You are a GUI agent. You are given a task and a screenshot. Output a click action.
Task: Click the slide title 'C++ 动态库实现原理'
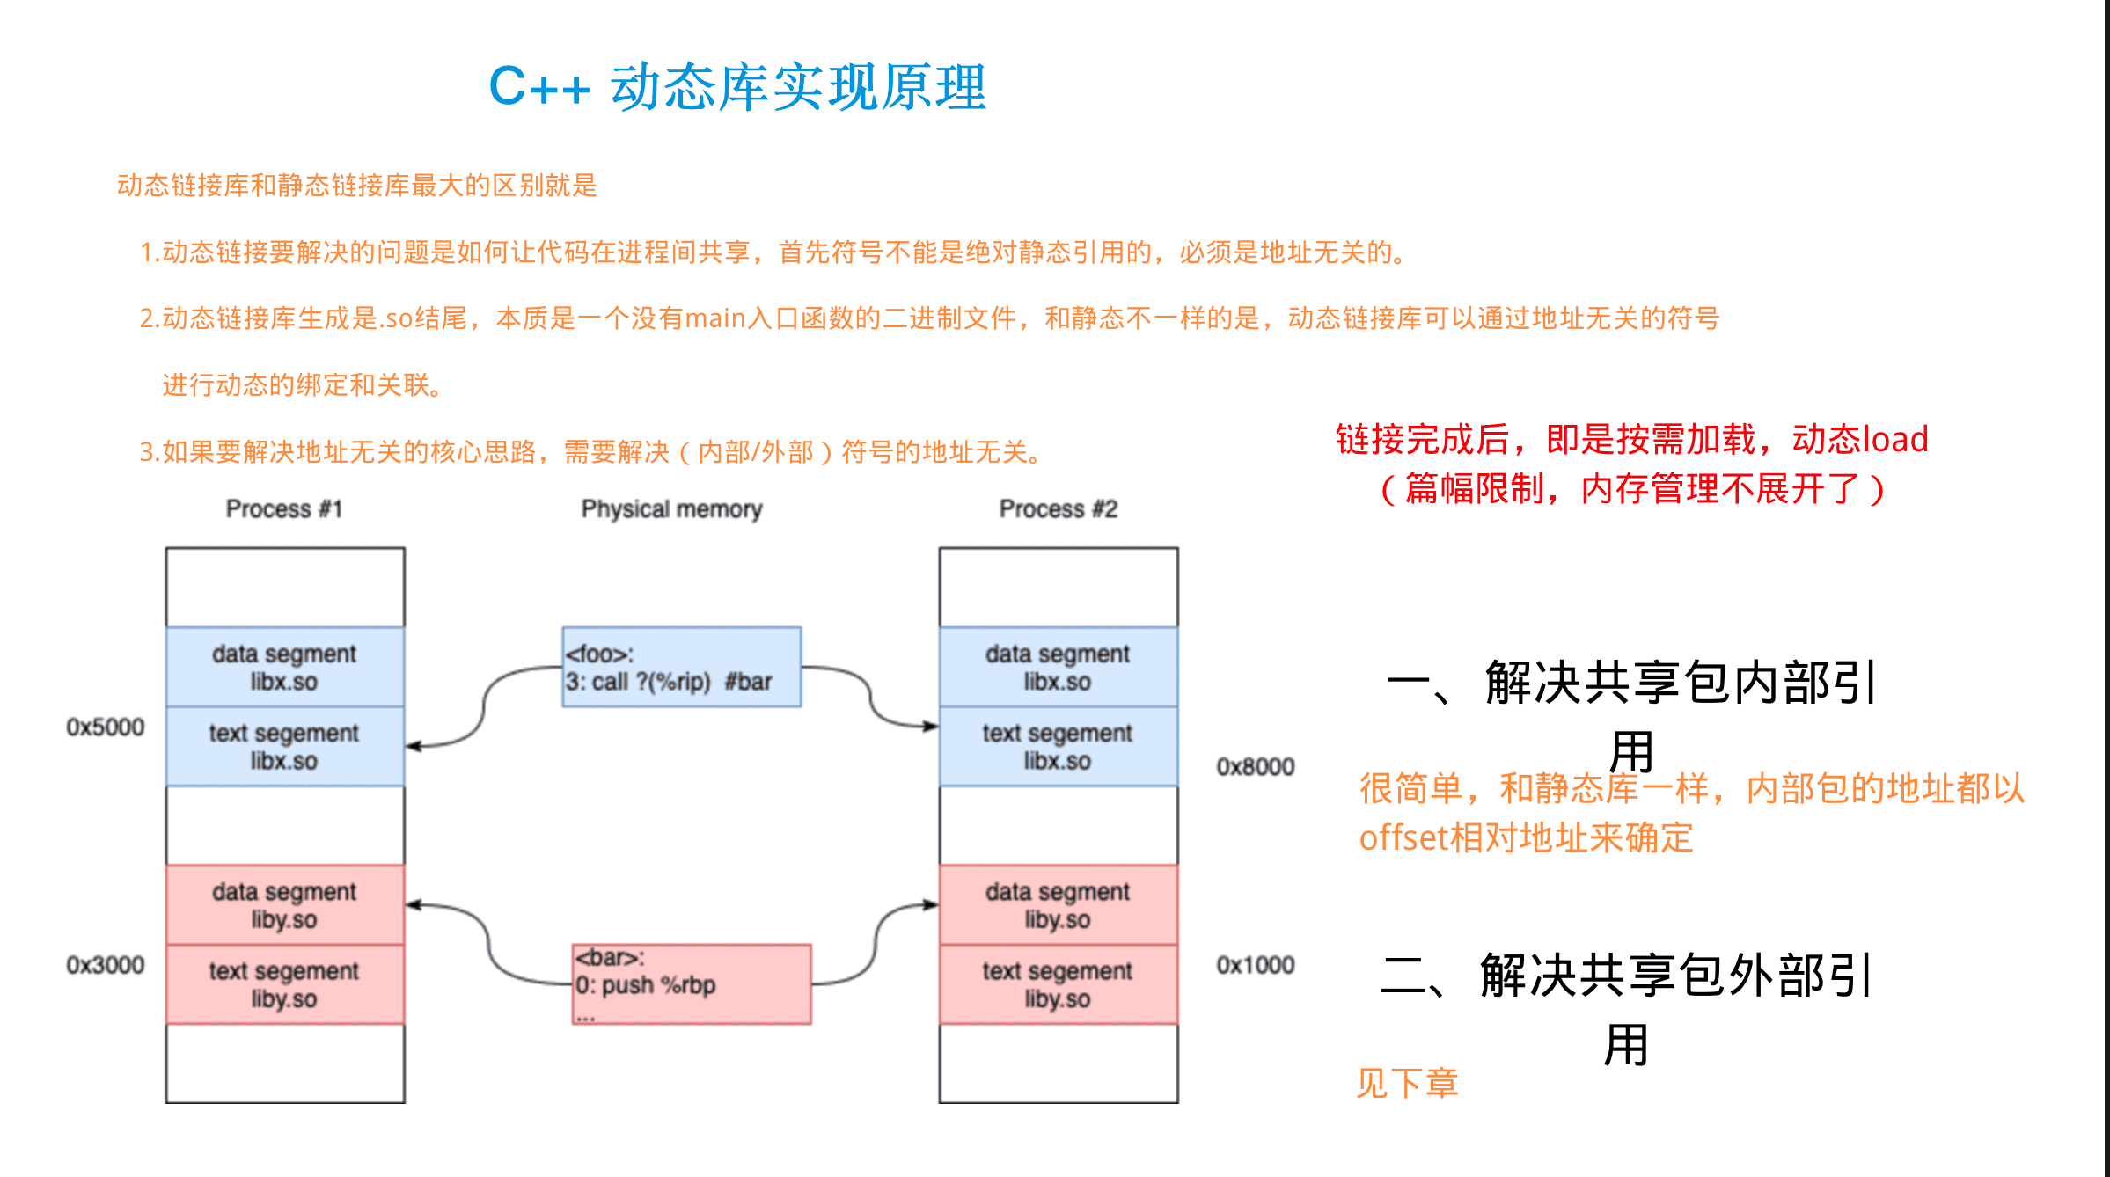(737, 87)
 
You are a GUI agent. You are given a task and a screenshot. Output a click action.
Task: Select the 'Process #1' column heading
(283, 508)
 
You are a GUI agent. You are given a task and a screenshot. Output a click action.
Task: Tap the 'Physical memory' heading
(671, 508)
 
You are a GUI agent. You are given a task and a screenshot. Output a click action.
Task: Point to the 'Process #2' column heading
(1058, 508)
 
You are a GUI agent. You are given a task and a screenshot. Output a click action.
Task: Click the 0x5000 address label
(105, 727)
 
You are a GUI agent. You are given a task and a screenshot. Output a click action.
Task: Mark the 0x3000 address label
(105, 965)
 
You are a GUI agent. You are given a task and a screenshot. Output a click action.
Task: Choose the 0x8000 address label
(1255, 766)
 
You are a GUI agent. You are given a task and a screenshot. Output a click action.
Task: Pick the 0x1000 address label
(1255, 965)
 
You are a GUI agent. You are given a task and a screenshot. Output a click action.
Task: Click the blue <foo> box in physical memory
(681, 667)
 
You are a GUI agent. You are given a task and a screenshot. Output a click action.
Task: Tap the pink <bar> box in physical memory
(691, 983)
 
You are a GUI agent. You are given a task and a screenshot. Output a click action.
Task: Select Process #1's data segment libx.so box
(284, 667)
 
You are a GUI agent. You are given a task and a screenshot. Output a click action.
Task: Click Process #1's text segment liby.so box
(284, 984)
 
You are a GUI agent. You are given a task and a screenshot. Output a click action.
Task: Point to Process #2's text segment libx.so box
(1058, 746)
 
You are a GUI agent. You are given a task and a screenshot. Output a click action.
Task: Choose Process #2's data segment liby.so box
(1058, 904)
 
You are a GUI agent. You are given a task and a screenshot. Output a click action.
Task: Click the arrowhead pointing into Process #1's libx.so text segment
(413, 747)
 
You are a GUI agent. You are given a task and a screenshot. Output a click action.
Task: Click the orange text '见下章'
(1407, 1083)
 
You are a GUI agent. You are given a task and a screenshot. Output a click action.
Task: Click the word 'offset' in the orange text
(1403, 837)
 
